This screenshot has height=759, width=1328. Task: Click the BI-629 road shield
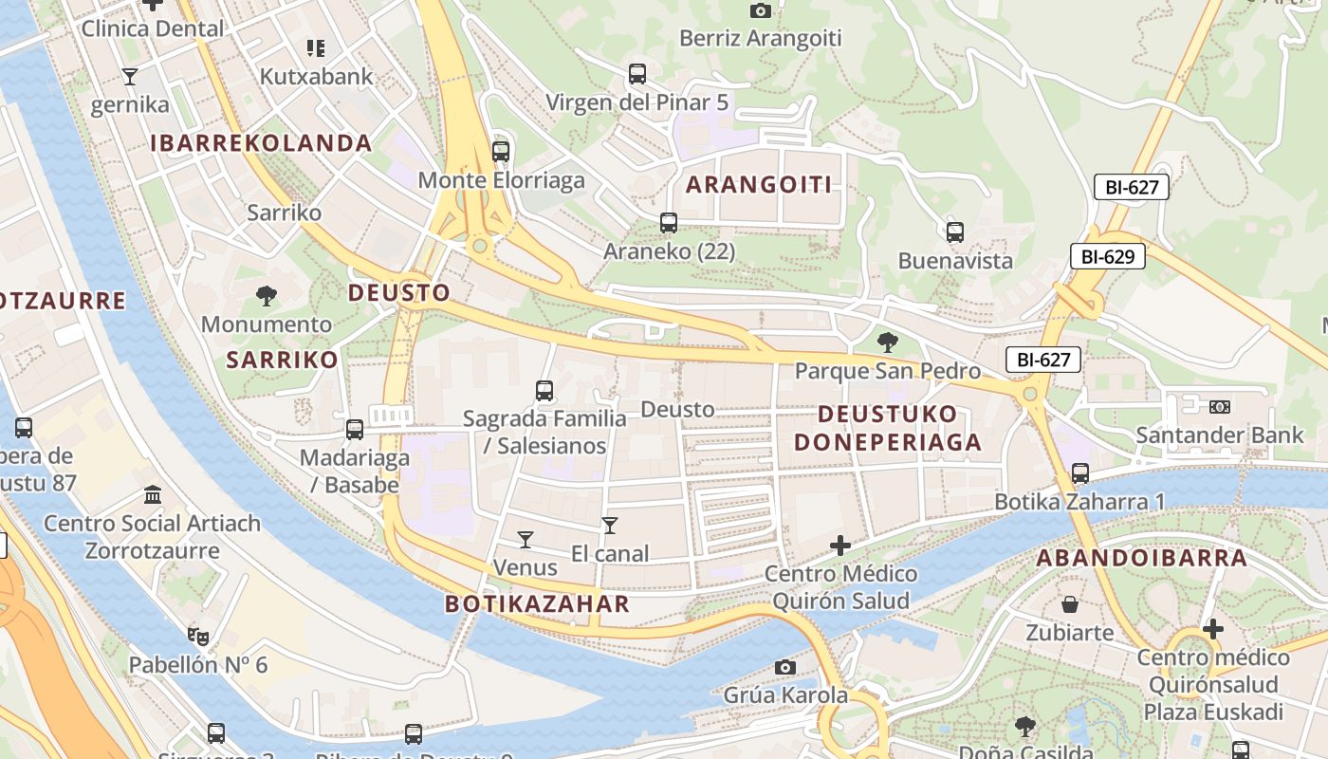(1108, 256)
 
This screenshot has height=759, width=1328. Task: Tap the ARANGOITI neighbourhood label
(759, 185)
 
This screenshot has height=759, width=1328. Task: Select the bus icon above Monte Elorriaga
(501, 151)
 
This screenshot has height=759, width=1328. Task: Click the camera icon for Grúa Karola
(784, 667)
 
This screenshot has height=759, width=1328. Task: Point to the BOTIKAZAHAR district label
(537, 604)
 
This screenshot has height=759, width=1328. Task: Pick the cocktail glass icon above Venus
(525, 540)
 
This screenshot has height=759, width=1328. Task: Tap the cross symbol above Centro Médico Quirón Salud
(839, 546)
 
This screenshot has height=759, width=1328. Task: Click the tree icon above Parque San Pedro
(887, 342)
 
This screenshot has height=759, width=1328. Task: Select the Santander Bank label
(1220, 435)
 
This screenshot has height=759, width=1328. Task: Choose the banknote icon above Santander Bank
(1220, 407)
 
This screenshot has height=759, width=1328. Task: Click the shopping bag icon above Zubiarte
(1070, 604)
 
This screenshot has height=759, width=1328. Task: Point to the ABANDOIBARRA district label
(1141, 558)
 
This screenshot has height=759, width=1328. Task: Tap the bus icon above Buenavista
(955, 231)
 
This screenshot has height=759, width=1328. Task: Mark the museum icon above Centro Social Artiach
(152, 494)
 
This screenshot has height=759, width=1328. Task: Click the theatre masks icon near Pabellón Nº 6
(197, 636)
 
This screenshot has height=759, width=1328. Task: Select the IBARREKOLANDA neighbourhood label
(261, 143)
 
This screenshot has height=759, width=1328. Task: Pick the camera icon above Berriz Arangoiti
(760, 10)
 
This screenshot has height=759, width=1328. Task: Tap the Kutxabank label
(317, 77)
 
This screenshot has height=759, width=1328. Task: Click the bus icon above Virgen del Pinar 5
(637, 73)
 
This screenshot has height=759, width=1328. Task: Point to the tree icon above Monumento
(267, 296)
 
